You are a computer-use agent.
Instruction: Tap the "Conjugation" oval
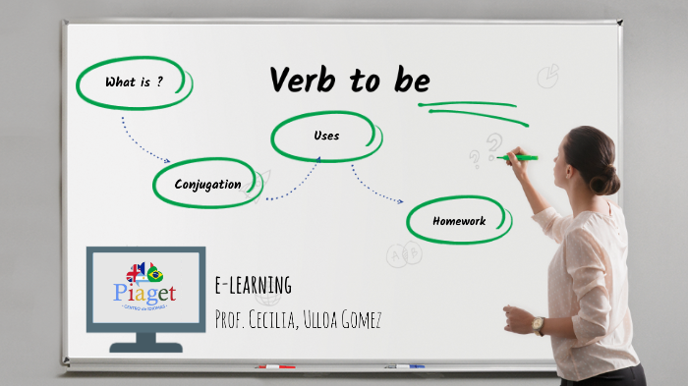207,185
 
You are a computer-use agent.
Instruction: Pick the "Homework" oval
459,221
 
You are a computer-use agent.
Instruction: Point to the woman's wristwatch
538,325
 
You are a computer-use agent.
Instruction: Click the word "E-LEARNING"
253,286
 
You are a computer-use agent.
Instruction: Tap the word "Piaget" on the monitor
144,293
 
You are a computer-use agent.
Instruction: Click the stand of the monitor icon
145,342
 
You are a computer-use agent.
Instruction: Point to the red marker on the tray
275,366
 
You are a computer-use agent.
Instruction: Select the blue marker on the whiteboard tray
404,366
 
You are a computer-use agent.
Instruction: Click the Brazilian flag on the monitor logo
156,273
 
